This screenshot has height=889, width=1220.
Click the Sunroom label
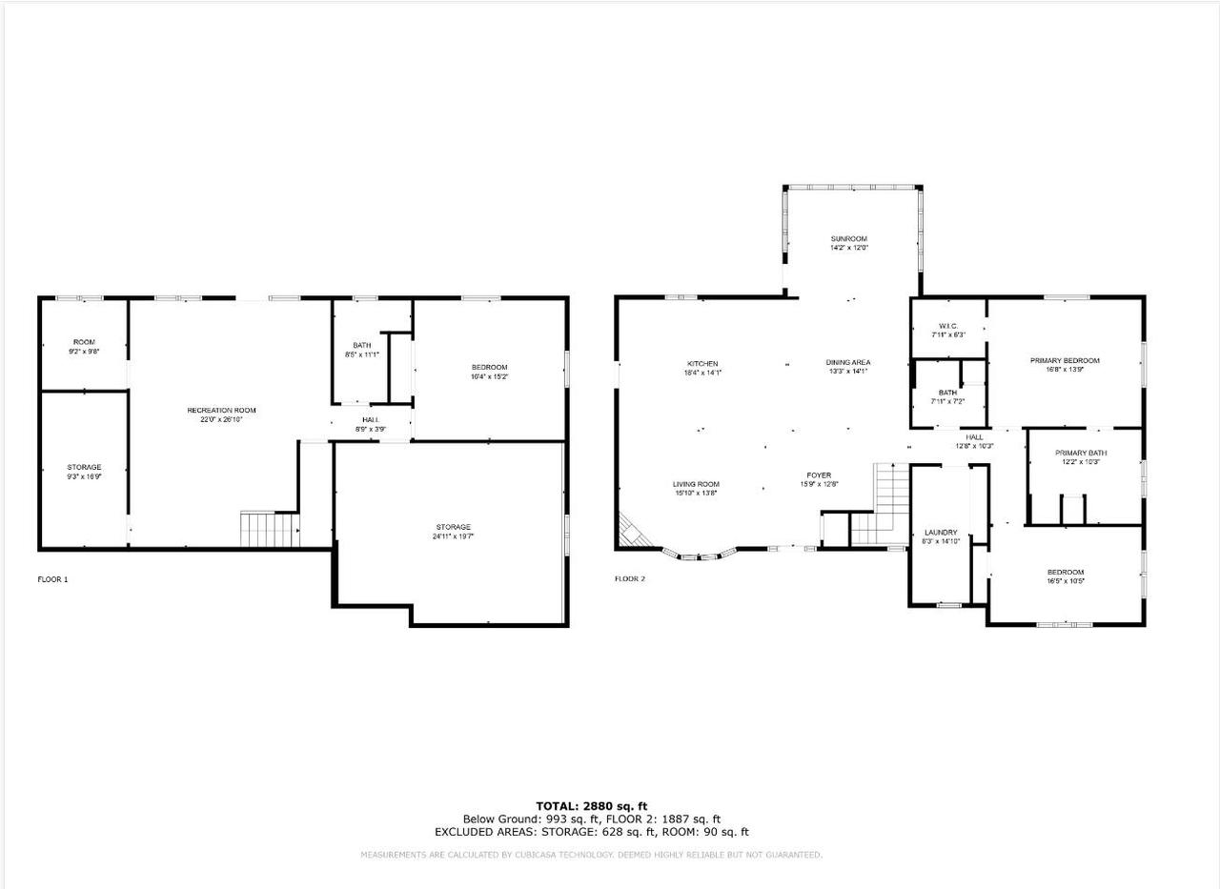click(x=848, y=238)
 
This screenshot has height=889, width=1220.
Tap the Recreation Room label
click(x=221, y=410)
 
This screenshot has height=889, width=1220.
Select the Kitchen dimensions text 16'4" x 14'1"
click(x=702, y=374)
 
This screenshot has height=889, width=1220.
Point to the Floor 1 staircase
click(x=259, y=529)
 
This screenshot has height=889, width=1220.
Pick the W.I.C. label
click(x=947, y=326)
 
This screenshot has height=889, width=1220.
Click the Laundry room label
click(x=940, y=532)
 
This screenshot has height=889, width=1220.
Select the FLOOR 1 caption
click(x=52, y=579)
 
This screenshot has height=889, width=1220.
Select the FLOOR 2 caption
click(x=630, y=578)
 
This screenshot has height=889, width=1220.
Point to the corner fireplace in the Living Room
click(x=631, y=529)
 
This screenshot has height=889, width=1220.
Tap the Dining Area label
click(x=847, y=362)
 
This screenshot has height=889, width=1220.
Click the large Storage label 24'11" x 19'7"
click(x=453, y=527)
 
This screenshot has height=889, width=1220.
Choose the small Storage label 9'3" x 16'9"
click(x=84, y=467)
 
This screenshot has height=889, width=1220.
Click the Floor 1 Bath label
click(x=361, y=345)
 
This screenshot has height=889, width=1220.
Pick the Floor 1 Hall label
click(x=371, y=419)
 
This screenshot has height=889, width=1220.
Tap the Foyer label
click(x=818, y=475)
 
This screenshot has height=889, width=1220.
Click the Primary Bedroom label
click(x=1065, y=360)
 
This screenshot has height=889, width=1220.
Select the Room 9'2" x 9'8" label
click(x=84, y=342)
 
